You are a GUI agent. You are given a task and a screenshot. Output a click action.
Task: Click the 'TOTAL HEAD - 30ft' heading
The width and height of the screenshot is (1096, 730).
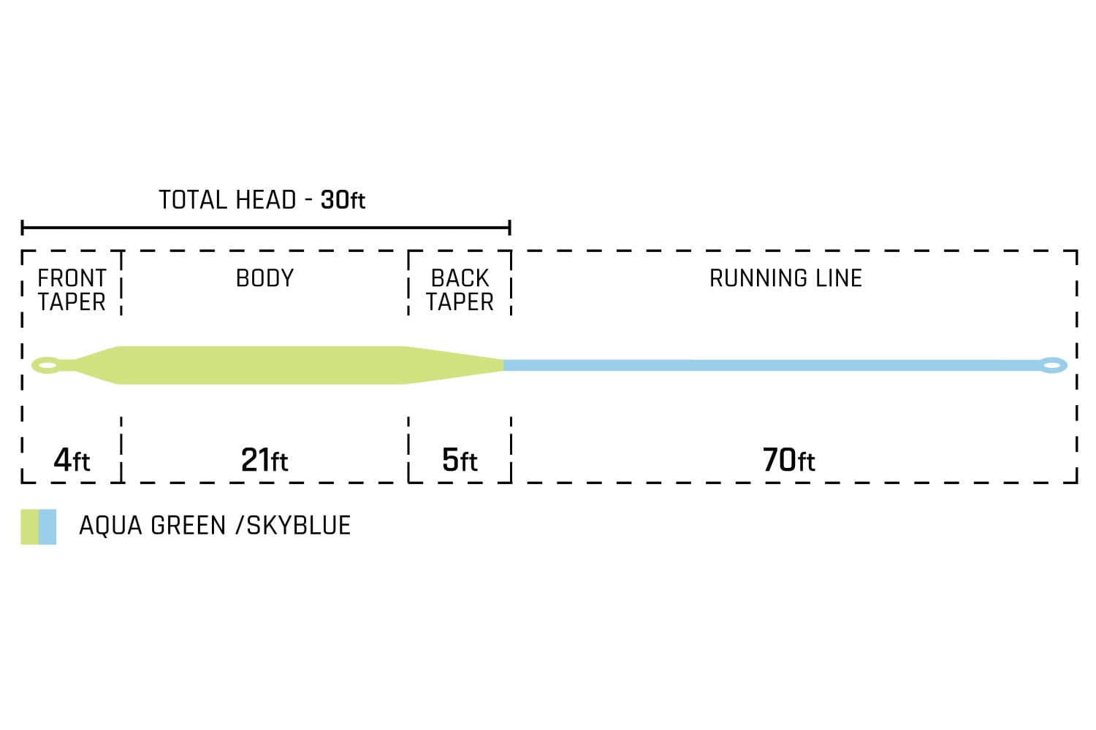pos(262,200)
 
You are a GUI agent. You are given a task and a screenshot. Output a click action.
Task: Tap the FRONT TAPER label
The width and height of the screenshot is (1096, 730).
pos(72,290)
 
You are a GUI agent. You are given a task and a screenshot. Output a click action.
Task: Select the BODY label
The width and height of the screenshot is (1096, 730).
pos(265,278)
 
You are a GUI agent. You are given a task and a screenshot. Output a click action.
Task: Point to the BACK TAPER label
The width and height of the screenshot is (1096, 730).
pos(460,290)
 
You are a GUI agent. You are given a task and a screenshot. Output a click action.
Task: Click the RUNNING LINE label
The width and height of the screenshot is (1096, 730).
pos(785,278)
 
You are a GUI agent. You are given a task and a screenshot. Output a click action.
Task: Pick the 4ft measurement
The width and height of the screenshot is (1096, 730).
pos(72,460)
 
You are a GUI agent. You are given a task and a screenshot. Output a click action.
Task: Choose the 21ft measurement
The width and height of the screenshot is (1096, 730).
pos(265,460)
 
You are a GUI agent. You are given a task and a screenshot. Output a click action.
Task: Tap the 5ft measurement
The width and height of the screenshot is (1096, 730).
pos(460,460)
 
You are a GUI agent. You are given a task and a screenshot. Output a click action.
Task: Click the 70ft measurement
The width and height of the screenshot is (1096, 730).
pos(788,460)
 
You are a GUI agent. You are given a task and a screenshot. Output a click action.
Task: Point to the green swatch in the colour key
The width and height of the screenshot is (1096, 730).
pos(29,526)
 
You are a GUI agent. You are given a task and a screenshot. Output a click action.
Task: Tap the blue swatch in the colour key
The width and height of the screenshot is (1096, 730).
pos(47,526)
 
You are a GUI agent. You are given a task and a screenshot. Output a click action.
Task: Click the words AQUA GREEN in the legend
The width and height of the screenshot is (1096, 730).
pos(152,526)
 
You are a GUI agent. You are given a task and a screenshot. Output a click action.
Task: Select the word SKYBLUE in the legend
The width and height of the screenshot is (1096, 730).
pos(298,526)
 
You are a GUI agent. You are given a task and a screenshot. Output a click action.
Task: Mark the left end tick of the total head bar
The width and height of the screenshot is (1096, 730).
pos(22,227)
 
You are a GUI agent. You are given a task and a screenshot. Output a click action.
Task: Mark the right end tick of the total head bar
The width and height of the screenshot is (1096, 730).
pos(510,227)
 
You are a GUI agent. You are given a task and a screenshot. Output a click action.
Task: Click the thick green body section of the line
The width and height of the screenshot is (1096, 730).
pos(262,365)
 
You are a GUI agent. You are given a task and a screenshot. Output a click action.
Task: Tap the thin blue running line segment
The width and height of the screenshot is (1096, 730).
pos(771,365)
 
